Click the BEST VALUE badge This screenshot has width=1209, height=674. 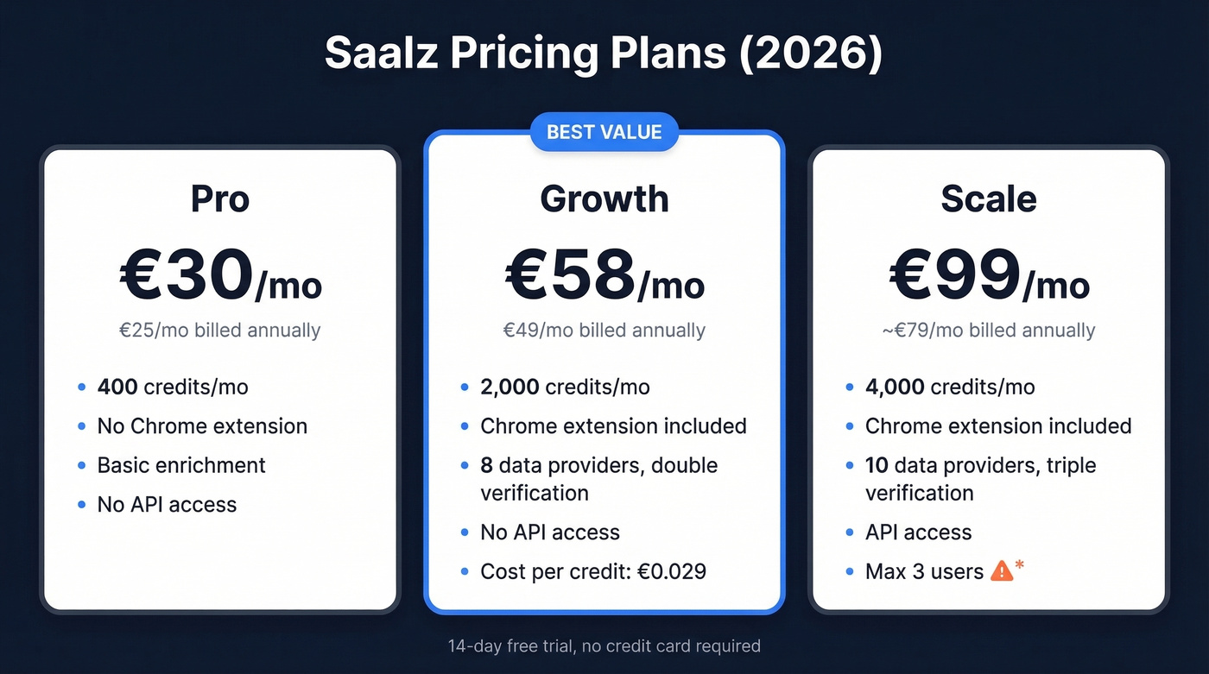point(604,132)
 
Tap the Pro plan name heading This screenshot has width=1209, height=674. point(220,198)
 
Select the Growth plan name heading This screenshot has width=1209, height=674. point(604,198)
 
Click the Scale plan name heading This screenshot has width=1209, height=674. point(989,198)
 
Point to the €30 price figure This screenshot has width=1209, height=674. point(185,275)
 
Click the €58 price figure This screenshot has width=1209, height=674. point(570,275)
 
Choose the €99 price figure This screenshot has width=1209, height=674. point(954,275)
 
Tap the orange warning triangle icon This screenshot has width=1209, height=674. point(1002,570)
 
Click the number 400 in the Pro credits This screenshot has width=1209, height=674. point(117,387)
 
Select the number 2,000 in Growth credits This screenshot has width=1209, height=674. point(511,387)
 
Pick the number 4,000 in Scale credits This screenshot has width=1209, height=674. point(896,387)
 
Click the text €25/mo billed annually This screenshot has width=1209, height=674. point(220,331)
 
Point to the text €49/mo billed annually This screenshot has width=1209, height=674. point(604,331)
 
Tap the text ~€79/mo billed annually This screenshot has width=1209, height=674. point(989,331)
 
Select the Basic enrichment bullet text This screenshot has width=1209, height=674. point(181,465)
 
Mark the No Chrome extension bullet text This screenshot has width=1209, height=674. point(202,426)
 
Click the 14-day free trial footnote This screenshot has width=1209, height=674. point(604,646)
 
